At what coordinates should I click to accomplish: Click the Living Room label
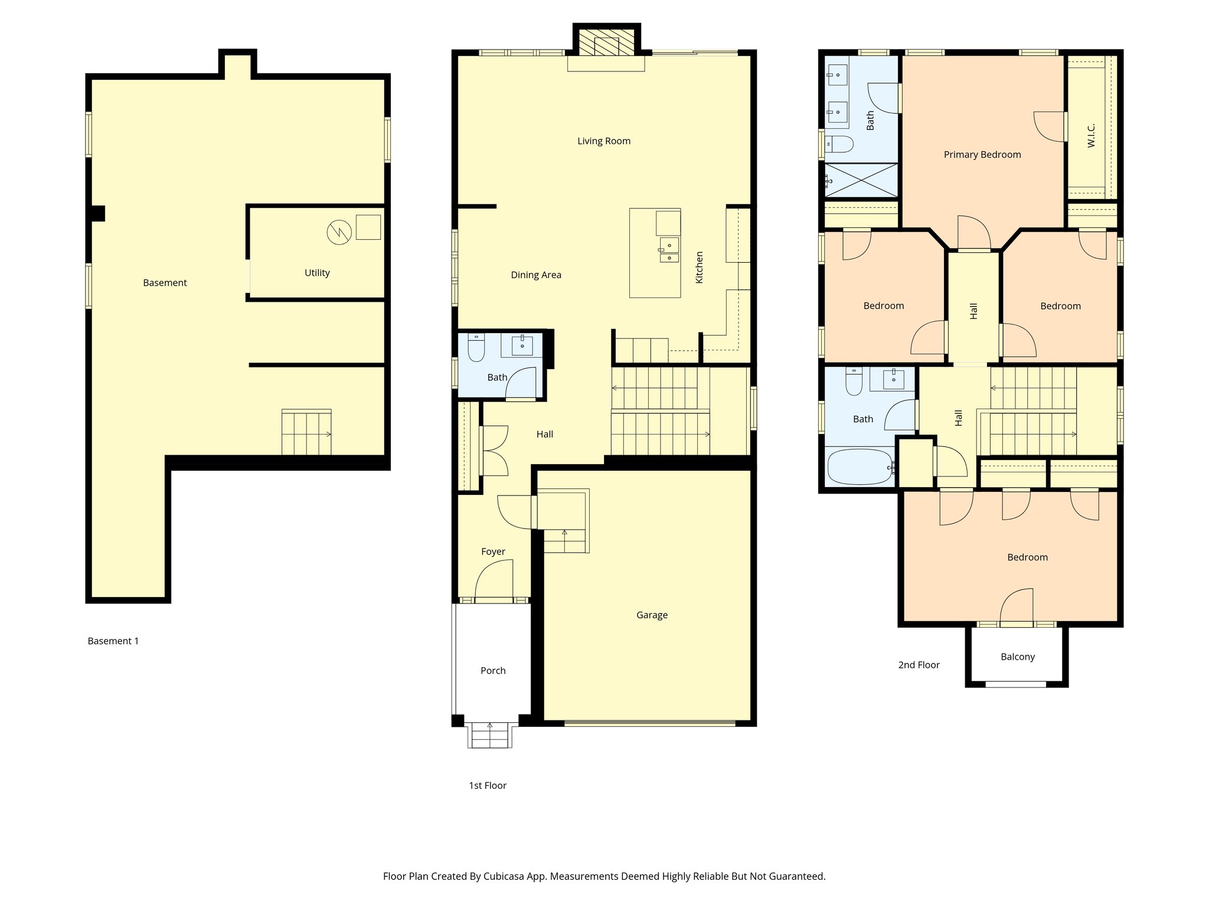(x=603, y=141)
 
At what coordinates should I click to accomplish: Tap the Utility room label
(x=317, y=273)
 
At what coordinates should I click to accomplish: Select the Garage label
(x=652, y=615)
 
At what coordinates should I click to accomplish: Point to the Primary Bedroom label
(x=982, y=155)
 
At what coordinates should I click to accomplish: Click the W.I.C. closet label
(x=1091, y=135)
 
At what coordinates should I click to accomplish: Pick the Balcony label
(x=1018, y=657)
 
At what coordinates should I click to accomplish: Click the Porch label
(x=493, y=671)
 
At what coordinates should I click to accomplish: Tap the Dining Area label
(x=535, y=275)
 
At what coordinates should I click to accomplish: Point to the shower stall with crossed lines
(x=861, y=180)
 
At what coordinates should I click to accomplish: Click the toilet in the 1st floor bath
(x=476, y=348)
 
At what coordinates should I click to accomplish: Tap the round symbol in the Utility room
(x=339, y=232)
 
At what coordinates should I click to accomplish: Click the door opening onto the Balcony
(x=1017, y=608)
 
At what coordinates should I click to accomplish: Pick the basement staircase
(x=306, y=433)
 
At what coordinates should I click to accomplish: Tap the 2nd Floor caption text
(x=919, y=665)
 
